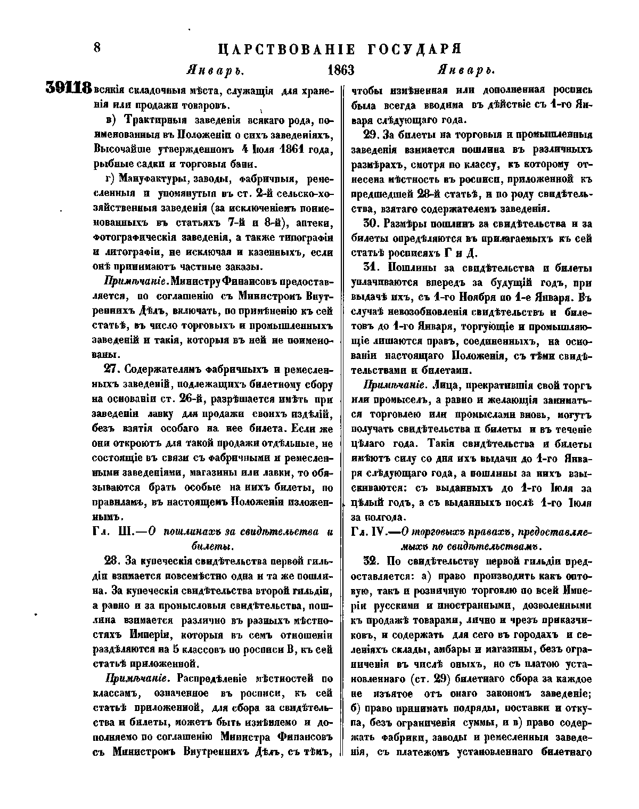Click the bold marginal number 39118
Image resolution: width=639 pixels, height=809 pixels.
[x=69, y=87]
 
